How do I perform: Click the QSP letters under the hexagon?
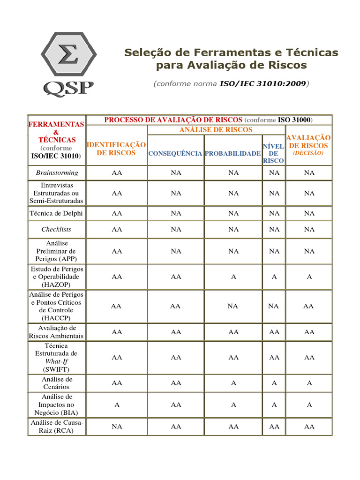(x=69, y=88)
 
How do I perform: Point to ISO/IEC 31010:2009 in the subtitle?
(x=262, y=84)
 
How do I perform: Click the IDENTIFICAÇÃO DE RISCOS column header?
(x=116, y=149)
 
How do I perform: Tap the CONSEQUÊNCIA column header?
(x=175, y=153)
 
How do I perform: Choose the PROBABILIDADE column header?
(x=233, y=153)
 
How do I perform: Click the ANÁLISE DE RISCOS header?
(x=216, y=130)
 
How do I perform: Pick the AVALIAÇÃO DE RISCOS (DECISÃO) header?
(x=308, y=145)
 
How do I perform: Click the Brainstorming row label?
(x=57, y=173)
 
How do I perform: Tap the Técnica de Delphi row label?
(x=57, y=213)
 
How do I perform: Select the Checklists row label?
(x=57, y=229)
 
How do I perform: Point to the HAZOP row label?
(x=57, y=277)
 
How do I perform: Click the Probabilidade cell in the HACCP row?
(x=233, y=306)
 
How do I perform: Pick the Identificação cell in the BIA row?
(x=117, y=405)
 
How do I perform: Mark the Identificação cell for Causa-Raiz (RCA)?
(x=117, y=427)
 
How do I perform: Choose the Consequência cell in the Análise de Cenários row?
(x=176, y=383)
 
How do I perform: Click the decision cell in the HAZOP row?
(x=309, y=277)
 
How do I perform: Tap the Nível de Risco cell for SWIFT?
(x=274, y=357)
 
